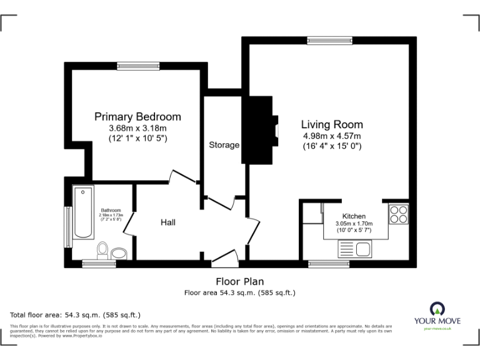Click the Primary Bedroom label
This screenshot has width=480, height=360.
pyautogui.click(x=137, y=116)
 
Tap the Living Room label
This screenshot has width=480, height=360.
pyautogui.click(x=332, y=124)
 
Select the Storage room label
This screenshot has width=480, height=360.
pyautogui.click(x=224, y=145)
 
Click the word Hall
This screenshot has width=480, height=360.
pyautogui.click(x=168, y=222)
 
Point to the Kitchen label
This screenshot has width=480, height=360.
pyautogui.click(x=353, y=216)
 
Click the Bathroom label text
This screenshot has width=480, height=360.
pyautogui.click(x=111, y=211)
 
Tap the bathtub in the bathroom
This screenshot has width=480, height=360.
pyautogui.click(x=83, y=212)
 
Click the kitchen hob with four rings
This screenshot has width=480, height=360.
pyautogui.click(x=398, y=216)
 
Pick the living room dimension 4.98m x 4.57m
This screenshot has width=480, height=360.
pyautogui.click(x=332, y=136)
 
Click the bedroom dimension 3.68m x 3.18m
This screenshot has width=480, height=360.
pyautogui.click(x=137, y=128)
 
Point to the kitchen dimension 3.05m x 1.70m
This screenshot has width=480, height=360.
pyautogui.click(x=354, y=223)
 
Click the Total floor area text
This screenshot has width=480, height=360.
pyautogui.click(x=76, y=314)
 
